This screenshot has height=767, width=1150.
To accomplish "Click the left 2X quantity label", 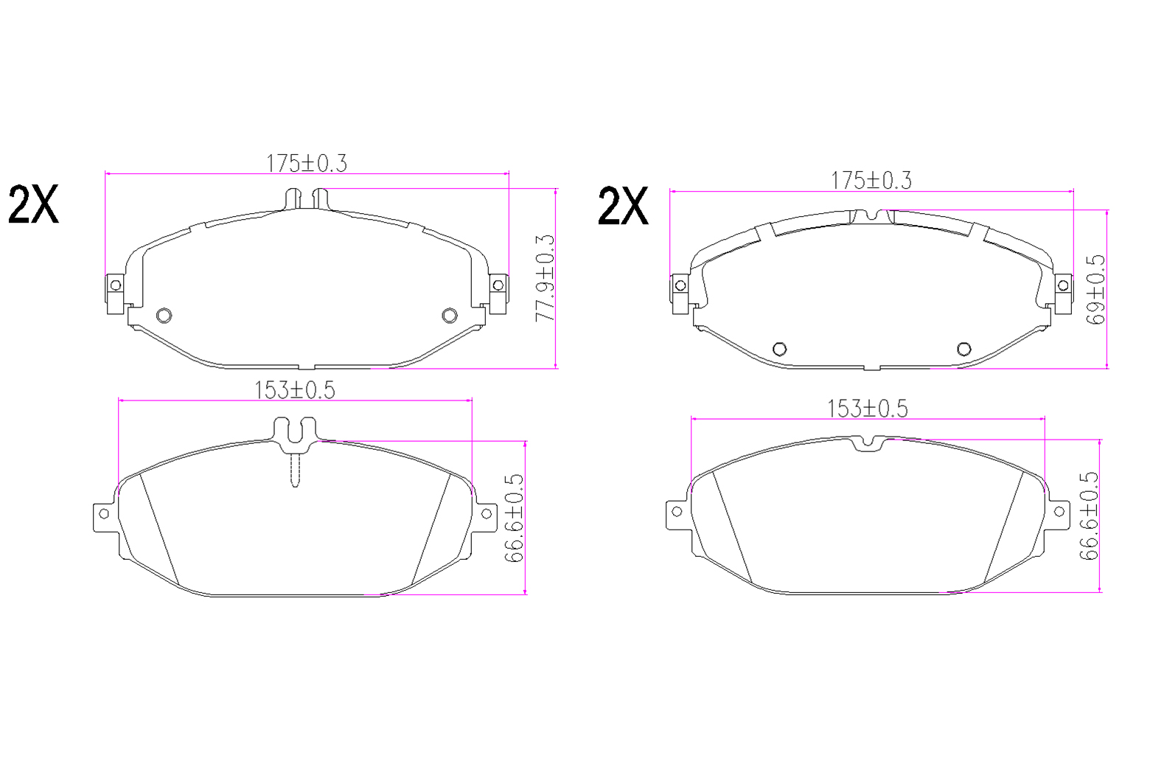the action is pos(34,204).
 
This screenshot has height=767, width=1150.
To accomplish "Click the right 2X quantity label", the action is pos(623,206).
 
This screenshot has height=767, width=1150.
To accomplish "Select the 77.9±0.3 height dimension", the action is pos(545,279).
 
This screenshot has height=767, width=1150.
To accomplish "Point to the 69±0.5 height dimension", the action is pos(1095,289).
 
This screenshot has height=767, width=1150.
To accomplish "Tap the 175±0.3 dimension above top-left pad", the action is pos(307,164).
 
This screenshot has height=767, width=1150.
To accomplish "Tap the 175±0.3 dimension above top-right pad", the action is pos(871,181).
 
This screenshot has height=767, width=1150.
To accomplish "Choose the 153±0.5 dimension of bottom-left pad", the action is pos(295,390).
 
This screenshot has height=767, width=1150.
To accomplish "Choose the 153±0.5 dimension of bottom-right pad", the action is pos(868,409).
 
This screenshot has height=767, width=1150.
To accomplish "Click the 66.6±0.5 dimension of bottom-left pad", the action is pos(514,518).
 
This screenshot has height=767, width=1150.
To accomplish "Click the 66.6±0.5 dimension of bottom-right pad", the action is pos(1088,516).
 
